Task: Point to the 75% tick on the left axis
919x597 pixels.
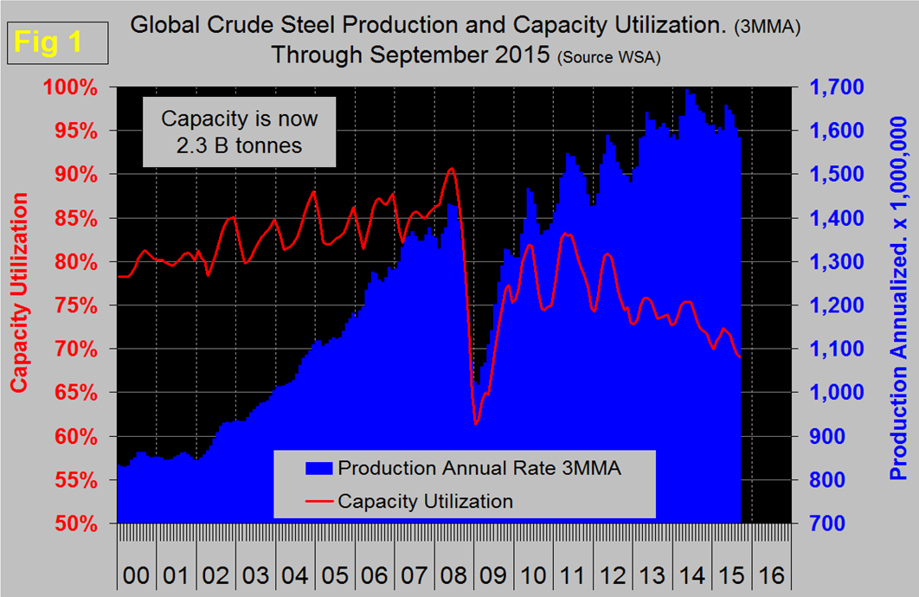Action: (x=80, y=305)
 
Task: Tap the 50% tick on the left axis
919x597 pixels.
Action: (x=80, y=523)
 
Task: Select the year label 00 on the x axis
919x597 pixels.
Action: (x=135, y=574)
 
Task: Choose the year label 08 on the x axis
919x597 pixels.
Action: (x=447, y=574)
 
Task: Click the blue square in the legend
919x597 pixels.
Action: (x=318, y=468)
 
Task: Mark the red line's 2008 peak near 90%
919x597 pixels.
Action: (x=451, y=169)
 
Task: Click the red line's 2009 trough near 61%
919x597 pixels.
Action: (x=475, y=424)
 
